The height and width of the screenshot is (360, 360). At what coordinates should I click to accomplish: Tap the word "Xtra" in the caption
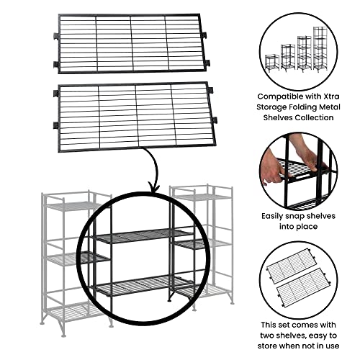coord(331,96)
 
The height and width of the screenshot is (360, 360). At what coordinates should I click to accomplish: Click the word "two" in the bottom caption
coord(268,336)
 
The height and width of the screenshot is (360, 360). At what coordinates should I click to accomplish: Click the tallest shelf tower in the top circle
coord(321,49)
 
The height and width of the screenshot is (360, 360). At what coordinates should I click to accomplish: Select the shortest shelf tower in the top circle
coord(272,63)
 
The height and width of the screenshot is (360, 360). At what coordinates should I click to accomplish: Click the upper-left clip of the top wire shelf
coord(56,36)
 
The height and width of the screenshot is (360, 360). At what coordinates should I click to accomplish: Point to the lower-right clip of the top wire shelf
coord(207,63)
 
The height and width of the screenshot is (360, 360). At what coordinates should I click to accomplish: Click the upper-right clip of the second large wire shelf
coord(210,90)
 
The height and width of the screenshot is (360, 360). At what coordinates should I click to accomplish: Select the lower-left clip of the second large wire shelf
coord(56,125)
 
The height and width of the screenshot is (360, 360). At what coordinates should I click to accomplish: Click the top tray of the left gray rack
coord(72,206)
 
